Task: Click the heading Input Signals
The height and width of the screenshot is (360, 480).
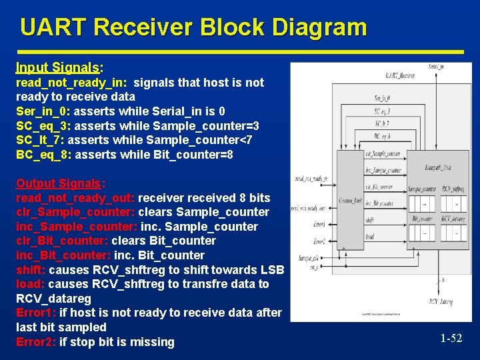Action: tap(57, 68)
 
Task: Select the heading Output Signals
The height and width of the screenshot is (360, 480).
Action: tap(61, 183)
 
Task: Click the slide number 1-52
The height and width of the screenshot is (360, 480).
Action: tap(451, 339)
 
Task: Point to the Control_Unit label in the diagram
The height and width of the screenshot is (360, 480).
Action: tap(351, 199)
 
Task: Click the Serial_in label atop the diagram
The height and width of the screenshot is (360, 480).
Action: tap(436, 67)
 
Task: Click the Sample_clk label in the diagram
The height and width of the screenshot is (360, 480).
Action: tap(308, 257)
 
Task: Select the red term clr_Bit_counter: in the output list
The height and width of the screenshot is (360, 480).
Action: tap(62, 241)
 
